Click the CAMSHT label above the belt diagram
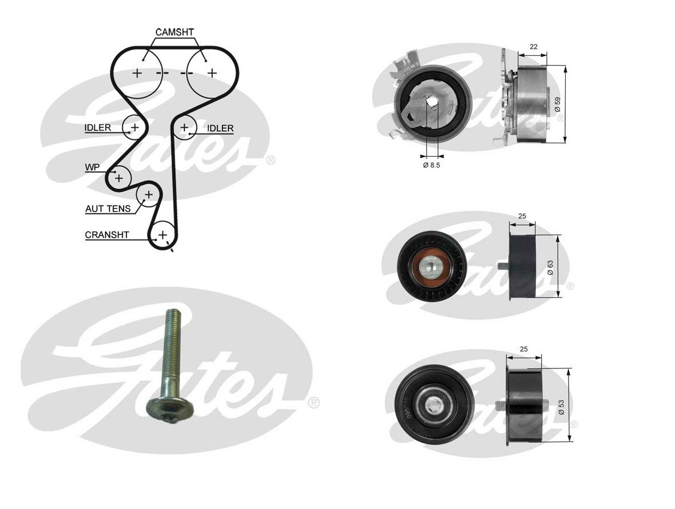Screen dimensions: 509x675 [175, 32]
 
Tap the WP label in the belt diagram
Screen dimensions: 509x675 [92, 168]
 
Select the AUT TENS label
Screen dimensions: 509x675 [108, 208]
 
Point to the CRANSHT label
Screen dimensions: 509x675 [107, 235]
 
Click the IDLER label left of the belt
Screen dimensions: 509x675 [97, 128]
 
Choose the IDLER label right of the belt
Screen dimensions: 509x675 [220, 128]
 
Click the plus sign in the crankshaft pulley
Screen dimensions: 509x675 [163, 234]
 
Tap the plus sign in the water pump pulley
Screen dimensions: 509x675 [118, 178]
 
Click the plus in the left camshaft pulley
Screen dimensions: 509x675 [137, 73]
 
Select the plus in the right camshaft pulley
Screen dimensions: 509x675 [212, 73]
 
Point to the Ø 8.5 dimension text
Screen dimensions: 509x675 [432, 165]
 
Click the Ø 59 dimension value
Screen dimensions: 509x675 [557, 104]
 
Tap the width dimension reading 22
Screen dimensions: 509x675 [533, 47]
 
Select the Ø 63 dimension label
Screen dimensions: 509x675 [550, 267]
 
